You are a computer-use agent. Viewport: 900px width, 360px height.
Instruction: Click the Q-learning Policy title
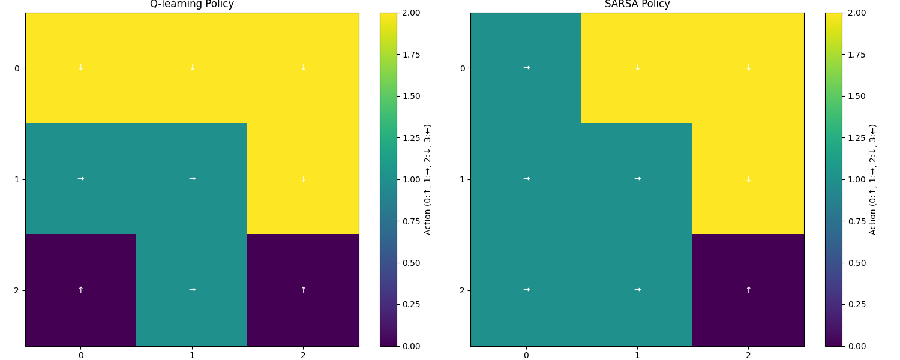click(192, 4)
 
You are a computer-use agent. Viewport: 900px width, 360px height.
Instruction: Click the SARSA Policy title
click(637, 4)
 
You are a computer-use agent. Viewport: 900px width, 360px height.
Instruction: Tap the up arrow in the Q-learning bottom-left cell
click(80, 290)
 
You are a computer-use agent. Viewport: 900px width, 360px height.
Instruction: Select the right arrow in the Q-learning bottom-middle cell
click(192, 290)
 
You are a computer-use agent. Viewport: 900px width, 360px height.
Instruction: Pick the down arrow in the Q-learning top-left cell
click(80, 68)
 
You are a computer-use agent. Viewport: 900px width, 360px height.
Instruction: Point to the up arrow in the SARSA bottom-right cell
click(748, 290)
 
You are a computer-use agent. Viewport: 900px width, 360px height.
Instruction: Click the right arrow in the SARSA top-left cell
click(526, 68)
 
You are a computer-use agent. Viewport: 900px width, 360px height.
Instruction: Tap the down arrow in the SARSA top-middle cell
click(637, 68)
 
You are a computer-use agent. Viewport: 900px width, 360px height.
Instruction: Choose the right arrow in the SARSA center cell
click(637, 179)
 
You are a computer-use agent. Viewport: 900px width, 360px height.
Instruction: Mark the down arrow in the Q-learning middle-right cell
click(303, 179)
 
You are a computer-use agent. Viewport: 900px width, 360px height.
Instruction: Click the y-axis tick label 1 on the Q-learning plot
click(17, 179)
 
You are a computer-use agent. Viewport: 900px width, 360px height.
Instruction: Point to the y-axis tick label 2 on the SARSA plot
click(462, 290)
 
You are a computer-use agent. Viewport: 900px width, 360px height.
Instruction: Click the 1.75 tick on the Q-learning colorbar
click(411, 55)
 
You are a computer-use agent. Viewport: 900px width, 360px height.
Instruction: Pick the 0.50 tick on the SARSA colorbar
click(856, 263)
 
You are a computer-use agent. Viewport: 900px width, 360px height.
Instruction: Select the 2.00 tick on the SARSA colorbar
click(856, 13)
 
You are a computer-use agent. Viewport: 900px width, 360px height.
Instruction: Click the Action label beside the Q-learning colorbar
click(428, 179)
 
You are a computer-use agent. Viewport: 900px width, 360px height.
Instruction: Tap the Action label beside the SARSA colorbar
click(873, 179)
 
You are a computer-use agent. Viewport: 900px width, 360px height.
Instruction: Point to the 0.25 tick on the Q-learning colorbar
click(411, 304)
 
